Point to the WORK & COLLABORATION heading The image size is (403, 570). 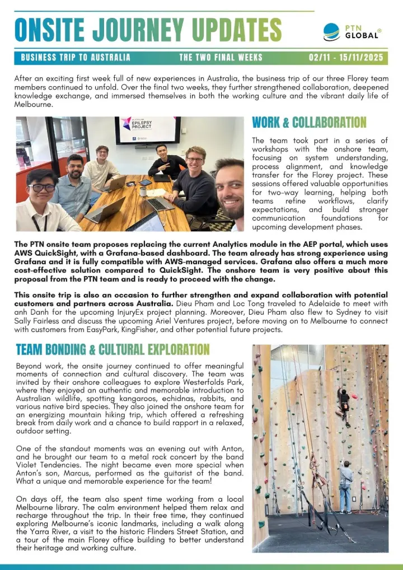(x=309, y=122)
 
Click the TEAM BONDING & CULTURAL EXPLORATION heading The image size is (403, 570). (x=113, y=350)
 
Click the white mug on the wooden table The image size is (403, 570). (x=143, y=192)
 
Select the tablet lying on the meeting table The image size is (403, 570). (x=145, y=183)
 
